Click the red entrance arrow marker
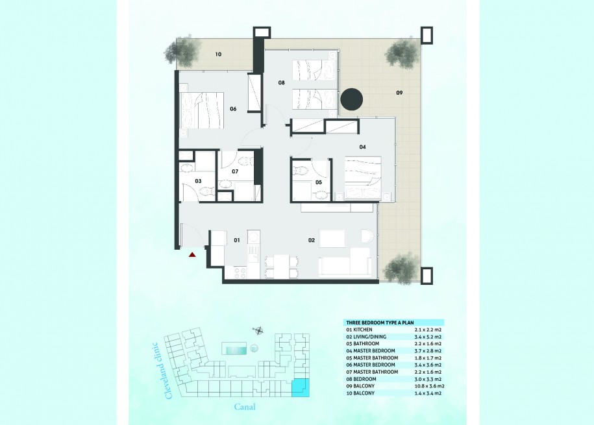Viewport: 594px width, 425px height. pyautogui.click(x=192, y=255)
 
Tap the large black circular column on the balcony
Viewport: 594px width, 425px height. pyautogui.click(x=352, y=100)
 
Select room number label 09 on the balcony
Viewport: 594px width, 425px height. pyautogui.click(x=399, y=93)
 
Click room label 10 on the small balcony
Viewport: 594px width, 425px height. pyautogui.click(x=218, y=54)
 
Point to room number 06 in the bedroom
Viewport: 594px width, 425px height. pyautogui.click(x=233, y=109)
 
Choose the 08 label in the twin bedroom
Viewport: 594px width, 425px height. pyautogui.click(x=281, y=82)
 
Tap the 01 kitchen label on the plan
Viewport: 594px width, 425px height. pyautogui.click(x=237, y=240)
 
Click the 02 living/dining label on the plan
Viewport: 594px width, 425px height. pyautogui.click(x=312, y=240)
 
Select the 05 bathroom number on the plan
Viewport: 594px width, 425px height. pyautogui.click(x=319, y=182)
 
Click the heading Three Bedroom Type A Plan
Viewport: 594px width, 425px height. pyautogui.click(x=380, y=322)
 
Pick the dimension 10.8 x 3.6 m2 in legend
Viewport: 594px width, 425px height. pyautogui.click(x=429, y=386)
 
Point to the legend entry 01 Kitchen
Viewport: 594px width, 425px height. pyautogui.click(x=359, y=330)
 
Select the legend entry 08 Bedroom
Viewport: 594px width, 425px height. pyautogui.click(x=361, y=379)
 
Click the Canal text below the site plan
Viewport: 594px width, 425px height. pyautogui.click(x=245, y=407)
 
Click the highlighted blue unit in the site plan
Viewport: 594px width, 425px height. pyautogui.click(x=301, y=387)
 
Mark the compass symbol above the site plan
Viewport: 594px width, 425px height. pyautogui.click(x=258, y=331)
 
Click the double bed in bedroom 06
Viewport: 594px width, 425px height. pyautogui.click(x=201, y=111)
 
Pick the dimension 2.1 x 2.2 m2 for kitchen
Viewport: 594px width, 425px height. pyautogui.click(x=428, y=330)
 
